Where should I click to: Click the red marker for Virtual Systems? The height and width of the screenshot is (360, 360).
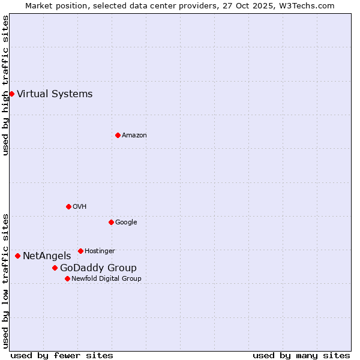coord(11,94)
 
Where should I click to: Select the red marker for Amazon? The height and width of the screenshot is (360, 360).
coord(118,135)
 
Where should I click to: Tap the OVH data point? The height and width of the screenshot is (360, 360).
coord(68,206)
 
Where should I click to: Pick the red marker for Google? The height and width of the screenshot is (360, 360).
coord(111,222)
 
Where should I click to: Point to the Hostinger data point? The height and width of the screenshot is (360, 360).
coord(80,251)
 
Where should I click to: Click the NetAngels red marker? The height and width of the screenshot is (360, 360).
coord(17,256)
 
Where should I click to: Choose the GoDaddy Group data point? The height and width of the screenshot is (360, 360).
coord(55,268)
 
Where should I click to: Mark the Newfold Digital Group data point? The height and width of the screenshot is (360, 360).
coord(67,278)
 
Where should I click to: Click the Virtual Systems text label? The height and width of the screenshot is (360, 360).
coord(55,94)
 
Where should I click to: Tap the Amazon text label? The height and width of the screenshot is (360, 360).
coord(134,135)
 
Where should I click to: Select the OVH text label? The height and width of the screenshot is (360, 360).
coord(80,206)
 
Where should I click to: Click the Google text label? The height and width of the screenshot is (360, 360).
coord(126,222)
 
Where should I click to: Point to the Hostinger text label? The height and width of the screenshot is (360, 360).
coord(100,251)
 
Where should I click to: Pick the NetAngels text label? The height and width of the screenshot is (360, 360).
coord(47,256)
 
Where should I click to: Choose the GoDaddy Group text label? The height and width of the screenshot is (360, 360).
coord(98,268)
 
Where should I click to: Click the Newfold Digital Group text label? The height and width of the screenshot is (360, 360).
coord(106,278)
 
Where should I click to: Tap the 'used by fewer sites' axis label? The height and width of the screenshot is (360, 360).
coord(62,355)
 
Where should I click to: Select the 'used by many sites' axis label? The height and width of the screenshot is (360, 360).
coord(301,355)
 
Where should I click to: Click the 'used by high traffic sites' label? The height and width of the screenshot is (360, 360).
coord(5,86)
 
